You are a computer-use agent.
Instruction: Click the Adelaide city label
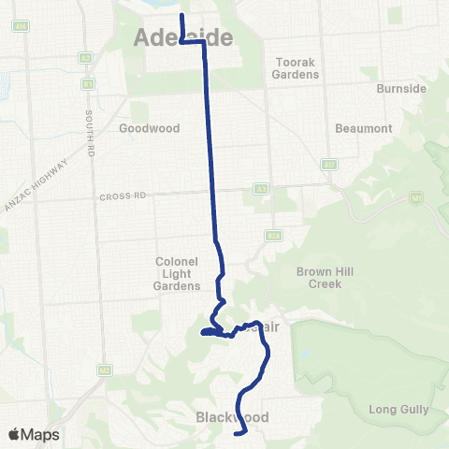coord(182,37)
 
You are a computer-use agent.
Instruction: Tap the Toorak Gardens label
coord(297,68)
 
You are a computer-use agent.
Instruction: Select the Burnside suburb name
coord(401,89)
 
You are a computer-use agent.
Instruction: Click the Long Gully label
coord(398,410)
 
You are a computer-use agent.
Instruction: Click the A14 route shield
coord(328,165)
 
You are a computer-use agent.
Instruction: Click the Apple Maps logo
coord(34,434)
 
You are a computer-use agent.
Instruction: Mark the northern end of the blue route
coord(181,16)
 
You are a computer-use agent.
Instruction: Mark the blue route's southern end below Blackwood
coord(243,433)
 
